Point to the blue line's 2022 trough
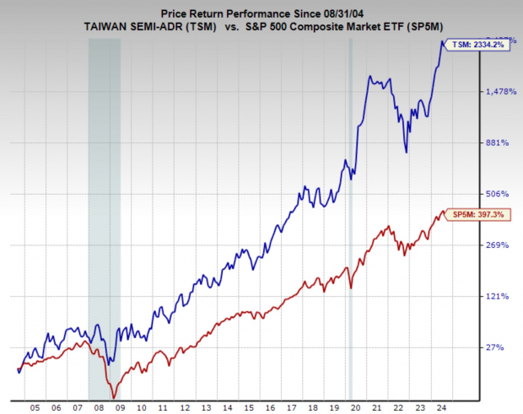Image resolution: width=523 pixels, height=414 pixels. click(407, 152)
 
